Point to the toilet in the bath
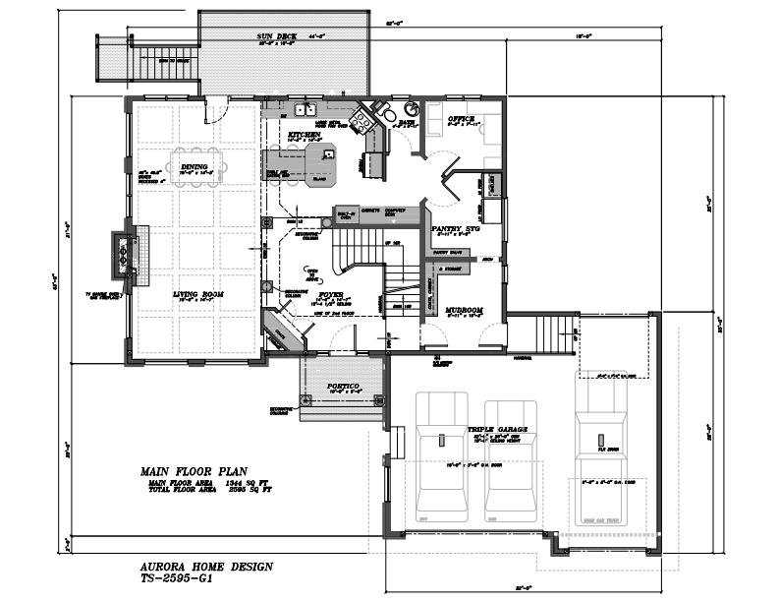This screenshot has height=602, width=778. pos(386,110)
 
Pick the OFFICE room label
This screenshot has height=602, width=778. pos(462,119)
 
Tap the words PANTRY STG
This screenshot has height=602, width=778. pos(454,227)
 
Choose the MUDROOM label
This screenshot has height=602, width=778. pos(465,310)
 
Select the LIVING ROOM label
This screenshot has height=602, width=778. pos(200,293)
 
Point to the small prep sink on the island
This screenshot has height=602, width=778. pos(327,152)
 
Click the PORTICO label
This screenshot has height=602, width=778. pos(343,386)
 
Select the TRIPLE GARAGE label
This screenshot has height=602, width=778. pos(497,430)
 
